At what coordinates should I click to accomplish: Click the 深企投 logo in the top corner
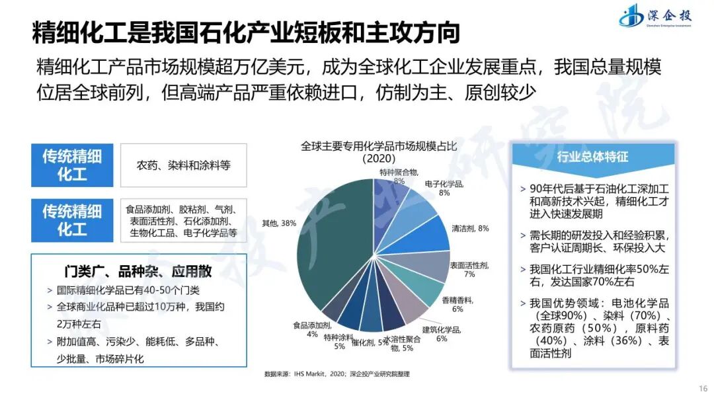pos(654,16)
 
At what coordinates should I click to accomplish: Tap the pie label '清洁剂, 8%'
pos(470,228)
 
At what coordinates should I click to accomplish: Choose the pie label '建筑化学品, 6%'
pos(441,334)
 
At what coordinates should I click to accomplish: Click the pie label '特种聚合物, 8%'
pos(398,176)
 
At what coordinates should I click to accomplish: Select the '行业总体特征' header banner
pos(592,157)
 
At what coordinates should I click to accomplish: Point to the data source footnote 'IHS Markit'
pos(337,374)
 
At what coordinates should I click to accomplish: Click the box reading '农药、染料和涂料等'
pos(183,165)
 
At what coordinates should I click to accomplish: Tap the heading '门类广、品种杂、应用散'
pos(139,272)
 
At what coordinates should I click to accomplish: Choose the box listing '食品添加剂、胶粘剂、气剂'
pos(183,221)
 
